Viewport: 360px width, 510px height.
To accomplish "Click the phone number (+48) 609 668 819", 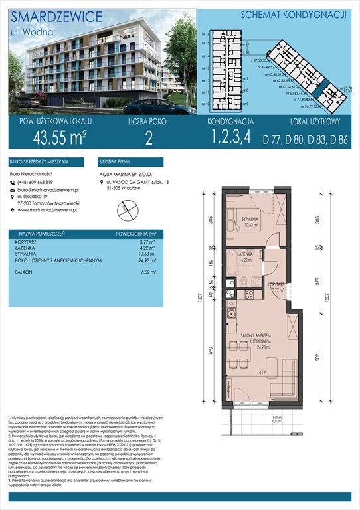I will coord(43,183).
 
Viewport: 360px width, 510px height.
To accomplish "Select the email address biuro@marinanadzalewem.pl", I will coord(53,191).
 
